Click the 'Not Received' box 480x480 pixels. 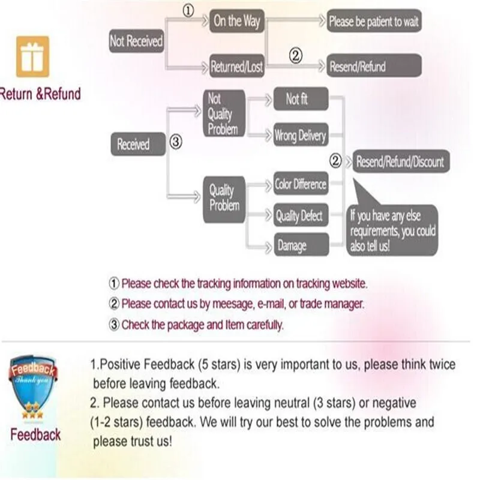(x=136, y=41)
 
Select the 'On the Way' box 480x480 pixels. (x=236, y=22)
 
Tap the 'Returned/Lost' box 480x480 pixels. (x=236, y=67)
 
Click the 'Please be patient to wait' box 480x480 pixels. (x=373, y=22)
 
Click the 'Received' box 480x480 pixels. (x=133, y=145)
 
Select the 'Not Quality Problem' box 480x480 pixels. (x=223, y=113)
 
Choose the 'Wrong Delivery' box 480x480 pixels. (x=300, y=136)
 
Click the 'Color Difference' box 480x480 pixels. (x=301, y=184)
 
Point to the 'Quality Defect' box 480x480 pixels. (x=300, y=216)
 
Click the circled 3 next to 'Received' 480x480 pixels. (x=175, y=143)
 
